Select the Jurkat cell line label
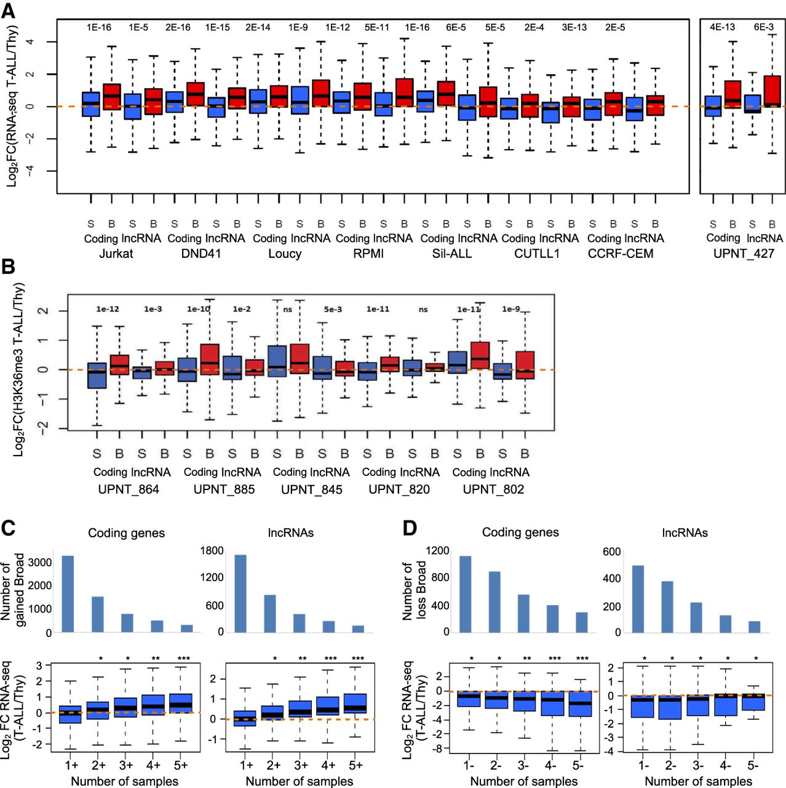point(116,254)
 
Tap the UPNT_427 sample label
point(744,254)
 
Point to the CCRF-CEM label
point(621,254)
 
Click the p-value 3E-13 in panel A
point(574,28)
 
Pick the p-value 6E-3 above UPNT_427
point(764,27)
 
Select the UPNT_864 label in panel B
point(129,489)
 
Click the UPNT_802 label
point(493,489)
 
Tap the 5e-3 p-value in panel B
point(333,309)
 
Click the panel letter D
point(409,528)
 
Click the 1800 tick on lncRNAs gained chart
point(212,550)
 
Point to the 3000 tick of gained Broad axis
point(40,563)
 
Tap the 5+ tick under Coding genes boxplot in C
point(181,765)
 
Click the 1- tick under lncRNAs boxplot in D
point(643,766)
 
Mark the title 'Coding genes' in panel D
point(520,533)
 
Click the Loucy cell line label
point(285,254)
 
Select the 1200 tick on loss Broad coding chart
point(437,550)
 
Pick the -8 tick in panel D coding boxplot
point(439,749)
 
